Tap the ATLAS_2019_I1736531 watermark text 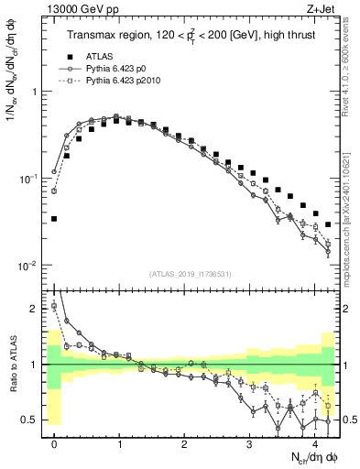[x=191, y=274]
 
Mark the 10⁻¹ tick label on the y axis [x=29, y=179]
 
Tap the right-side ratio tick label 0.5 [x=347, y=420]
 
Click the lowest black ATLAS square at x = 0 [x=55, y=219]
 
